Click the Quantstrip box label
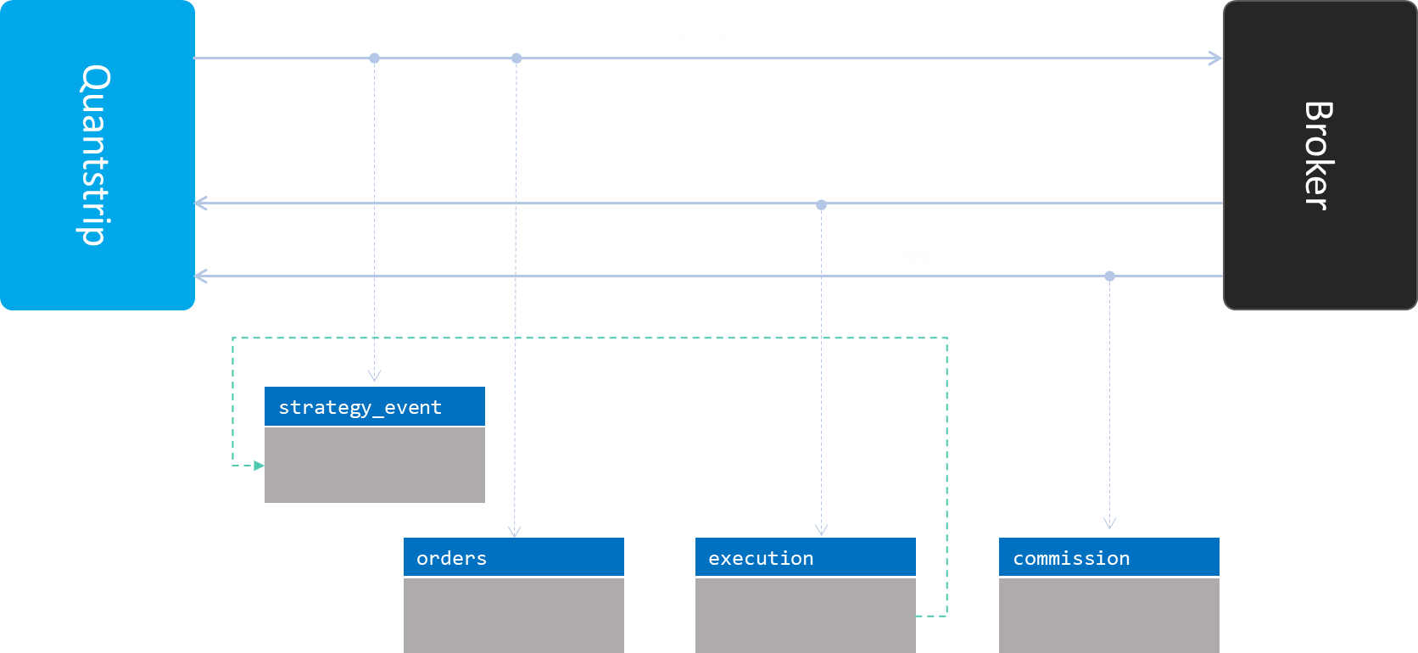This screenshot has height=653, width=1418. pyautogui.click(x=95, y=155)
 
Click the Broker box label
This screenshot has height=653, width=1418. pyautogui.click(x=1319, y=155)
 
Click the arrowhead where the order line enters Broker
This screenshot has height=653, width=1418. pyautogui.click(x=1217, y=59)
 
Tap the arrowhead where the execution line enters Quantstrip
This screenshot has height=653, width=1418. pyautogui.click(x=201, y=204)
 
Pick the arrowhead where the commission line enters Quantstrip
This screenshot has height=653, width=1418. pyautogui.click(x=201, y=276)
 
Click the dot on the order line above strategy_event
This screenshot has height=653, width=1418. pyautogui.click(x=374, y=59)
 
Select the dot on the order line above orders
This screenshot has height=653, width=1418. pyautogui.click(x=516, y=59)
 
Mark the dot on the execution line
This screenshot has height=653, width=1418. pyautogui.click(x=821, y=204)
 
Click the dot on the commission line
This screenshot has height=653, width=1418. pyautogui.click(x=1109, y=276)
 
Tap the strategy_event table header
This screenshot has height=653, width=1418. pyautogui.click(x=374, y=407)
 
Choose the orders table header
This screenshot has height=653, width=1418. pyautogui.click(x=513, y=557)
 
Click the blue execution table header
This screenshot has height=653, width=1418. pyautogui.click(x=805, y=557)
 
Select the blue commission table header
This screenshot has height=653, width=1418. pyautogui.click(x=1108, y=557)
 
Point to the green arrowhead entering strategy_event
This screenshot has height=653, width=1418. pyautogui.click(x=259, y=466)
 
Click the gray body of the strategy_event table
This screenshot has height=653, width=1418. pyautogui.click(x=374, y=465)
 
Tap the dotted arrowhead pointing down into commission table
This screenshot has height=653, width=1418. pyautogui.click(x=1109, y=523)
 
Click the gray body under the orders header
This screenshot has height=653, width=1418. pyautogui.click(x=513, y=615)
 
